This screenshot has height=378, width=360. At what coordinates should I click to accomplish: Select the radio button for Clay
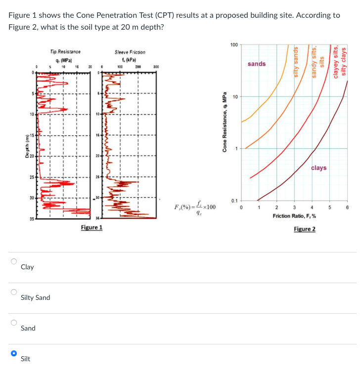(14, 261)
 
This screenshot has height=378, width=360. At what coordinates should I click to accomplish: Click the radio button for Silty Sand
(14, 292)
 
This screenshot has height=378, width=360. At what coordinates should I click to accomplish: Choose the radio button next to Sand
(14, 323)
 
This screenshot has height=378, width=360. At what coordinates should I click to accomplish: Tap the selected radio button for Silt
(14, 353)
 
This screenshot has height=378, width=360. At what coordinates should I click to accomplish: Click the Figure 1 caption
(91, 227)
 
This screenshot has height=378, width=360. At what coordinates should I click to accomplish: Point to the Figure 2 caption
(304, 229)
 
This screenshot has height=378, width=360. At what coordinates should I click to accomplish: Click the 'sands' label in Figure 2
(257, 64)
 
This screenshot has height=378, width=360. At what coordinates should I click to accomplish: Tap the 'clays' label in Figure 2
(319, 168)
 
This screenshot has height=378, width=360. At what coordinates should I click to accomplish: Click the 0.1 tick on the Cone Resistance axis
(234, 201)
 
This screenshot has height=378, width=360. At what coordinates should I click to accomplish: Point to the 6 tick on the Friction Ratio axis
(347, 208)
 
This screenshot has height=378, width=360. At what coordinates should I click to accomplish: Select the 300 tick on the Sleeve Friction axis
(156, 66)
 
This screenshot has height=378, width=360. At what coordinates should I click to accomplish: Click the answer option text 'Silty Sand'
(35, 298)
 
